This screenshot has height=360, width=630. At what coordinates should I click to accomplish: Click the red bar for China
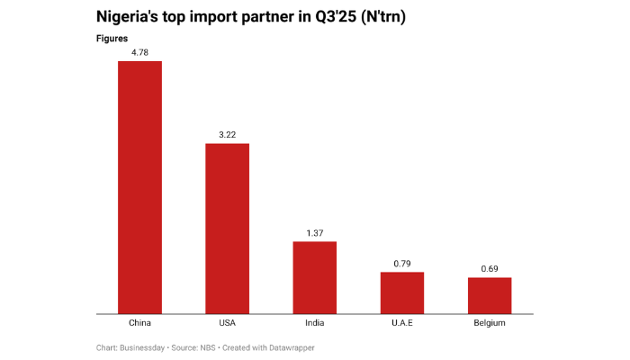pos(139,187)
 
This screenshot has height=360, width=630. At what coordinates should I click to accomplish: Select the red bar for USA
pos(227,229)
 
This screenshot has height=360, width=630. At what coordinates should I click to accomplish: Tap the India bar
pos(314,277)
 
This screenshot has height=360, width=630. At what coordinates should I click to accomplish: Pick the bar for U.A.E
pos(401,292)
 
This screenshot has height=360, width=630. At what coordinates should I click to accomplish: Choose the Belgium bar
pos(490,295)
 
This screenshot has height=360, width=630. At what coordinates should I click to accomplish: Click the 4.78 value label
pos(139,52)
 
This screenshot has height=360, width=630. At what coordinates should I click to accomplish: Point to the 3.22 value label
pos(227,135)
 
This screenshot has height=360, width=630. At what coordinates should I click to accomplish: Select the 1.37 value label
pos(314,233)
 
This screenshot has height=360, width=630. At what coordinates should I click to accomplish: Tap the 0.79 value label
pos(401,264)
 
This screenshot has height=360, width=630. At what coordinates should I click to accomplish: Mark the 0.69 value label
pos(490,269)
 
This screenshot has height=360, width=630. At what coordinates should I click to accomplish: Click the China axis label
pos(139,323)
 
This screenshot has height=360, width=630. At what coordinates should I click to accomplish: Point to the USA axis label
pos(227,323)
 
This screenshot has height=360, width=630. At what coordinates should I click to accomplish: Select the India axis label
pos(314,323)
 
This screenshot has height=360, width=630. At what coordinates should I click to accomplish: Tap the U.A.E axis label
pos(401,323)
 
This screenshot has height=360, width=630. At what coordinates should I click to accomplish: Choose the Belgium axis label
pos(490,323)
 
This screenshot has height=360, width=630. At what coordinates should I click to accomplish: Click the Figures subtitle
pos(112,39)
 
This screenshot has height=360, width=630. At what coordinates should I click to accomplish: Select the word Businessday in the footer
pos(146,347)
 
